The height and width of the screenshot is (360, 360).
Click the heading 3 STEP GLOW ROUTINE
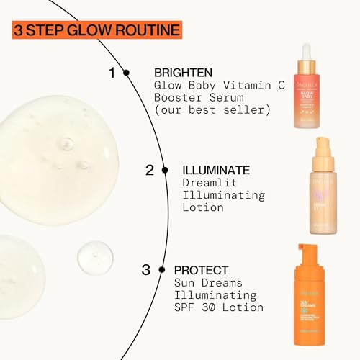pyautogui.click(x=96, y=30)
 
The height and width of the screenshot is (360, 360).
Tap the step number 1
pyautogui.click(x=112, y=73)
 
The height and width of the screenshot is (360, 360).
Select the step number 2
pyautogui.click(x=150, y=171)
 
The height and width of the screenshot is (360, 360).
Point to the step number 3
pyautogui.click(x=146, y=271)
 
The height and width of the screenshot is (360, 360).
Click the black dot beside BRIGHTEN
pyautogui.click(x=127, y=73)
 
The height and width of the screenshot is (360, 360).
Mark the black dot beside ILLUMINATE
pyautogui.click(x=165, y=171)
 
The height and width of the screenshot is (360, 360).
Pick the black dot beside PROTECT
pyautogui.click(x=162, y=271)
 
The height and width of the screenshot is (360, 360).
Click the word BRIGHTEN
pyautogui.click(x=184, y=73)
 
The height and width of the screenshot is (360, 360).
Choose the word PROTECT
pyautogui.click(x=202, y=271)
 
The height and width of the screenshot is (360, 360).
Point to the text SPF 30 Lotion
pyautogui.click(x=218, y=308)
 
